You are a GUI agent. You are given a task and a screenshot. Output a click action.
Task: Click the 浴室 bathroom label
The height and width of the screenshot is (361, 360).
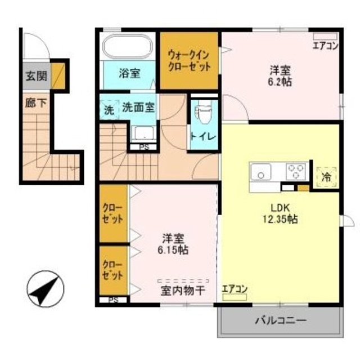click(x=129, y=73)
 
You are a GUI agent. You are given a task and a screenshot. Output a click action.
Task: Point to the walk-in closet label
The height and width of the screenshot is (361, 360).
click(x=190, y=60)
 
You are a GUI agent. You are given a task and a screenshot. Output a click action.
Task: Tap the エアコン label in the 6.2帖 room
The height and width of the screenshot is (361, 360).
click(x=325, y=46)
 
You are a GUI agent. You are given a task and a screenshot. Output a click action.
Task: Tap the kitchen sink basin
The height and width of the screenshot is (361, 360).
click(x=262, y=172)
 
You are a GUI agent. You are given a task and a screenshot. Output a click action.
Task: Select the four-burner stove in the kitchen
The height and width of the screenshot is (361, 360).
click(x=296, y=171)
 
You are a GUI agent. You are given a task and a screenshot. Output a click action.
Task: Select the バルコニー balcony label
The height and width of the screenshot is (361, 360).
click(x=280, y=321)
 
